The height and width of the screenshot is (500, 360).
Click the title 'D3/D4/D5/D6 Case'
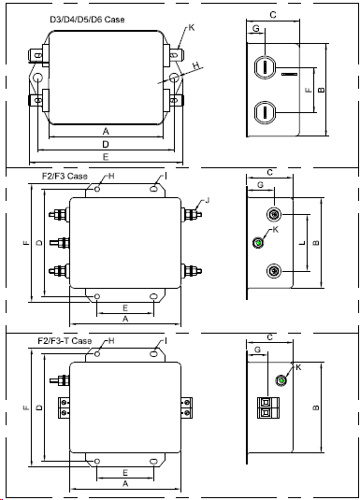click(x=87, y=20)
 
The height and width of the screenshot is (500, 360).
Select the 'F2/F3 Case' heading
click(x=65, y=176)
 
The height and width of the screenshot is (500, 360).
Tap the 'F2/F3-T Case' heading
click(x=65, y=341)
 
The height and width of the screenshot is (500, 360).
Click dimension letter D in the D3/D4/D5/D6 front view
click(x=106, y=145)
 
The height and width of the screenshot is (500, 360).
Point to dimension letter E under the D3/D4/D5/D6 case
click(x=106, y=157)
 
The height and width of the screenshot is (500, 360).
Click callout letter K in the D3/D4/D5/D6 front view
click(x=191, y=28)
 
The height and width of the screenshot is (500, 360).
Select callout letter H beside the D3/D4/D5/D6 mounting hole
click(x=197, y=65)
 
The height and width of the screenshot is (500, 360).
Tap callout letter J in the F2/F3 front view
click(x=208, y=200)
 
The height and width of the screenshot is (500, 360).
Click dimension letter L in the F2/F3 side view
click(x=302, y=243)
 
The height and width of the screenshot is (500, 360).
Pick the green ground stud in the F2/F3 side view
click(x=258, y=243)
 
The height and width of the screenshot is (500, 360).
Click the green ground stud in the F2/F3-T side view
click(x=281, y=380)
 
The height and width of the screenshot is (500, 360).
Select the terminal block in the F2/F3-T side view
click(x=268, y=407)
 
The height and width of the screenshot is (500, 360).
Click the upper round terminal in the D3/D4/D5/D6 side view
click(x=265, y=67)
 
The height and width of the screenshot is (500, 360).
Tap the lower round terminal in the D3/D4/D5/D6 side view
click(x=265, y=112)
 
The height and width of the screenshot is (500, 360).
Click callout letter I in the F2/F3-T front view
click(x=166, y=341)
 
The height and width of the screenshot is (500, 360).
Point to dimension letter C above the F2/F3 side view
click(x=269, y=173)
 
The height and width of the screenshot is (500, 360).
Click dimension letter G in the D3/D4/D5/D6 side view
click(x=256, y=29)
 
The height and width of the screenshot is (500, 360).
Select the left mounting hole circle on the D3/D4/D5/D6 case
click(x=37, y=78)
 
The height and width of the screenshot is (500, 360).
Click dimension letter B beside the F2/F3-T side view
click(x=316, y=407)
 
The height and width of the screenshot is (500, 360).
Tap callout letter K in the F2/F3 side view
click(x=275, y=230)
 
